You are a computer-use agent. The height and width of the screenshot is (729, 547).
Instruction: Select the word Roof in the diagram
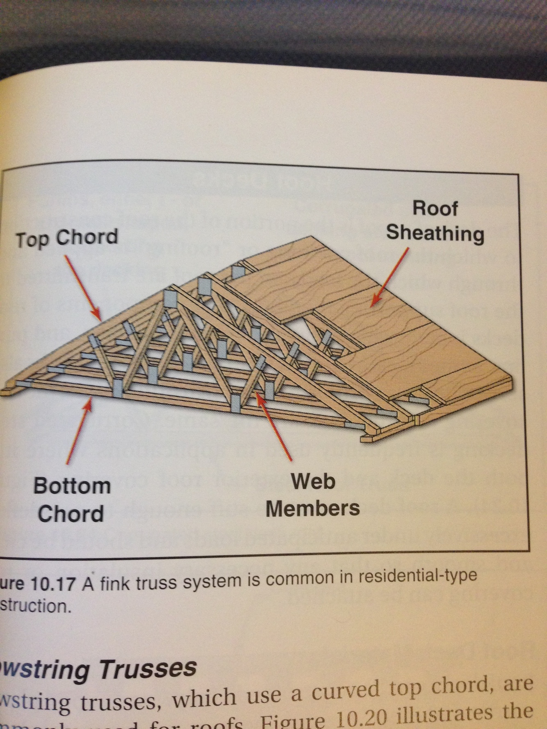(x=435, y=208)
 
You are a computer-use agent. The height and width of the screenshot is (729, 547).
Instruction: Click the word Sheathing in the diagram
(x=435, y=234)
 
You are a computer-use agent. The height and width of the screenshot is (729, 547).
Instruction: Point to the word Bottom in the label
(x=72, y=486)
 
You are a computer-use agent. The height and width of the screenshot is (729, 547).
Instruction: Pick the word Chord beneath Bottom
(x=71, y=513)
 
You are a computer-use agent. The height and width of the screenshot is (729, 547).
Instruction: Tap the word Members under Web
(x=312, y=509)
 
